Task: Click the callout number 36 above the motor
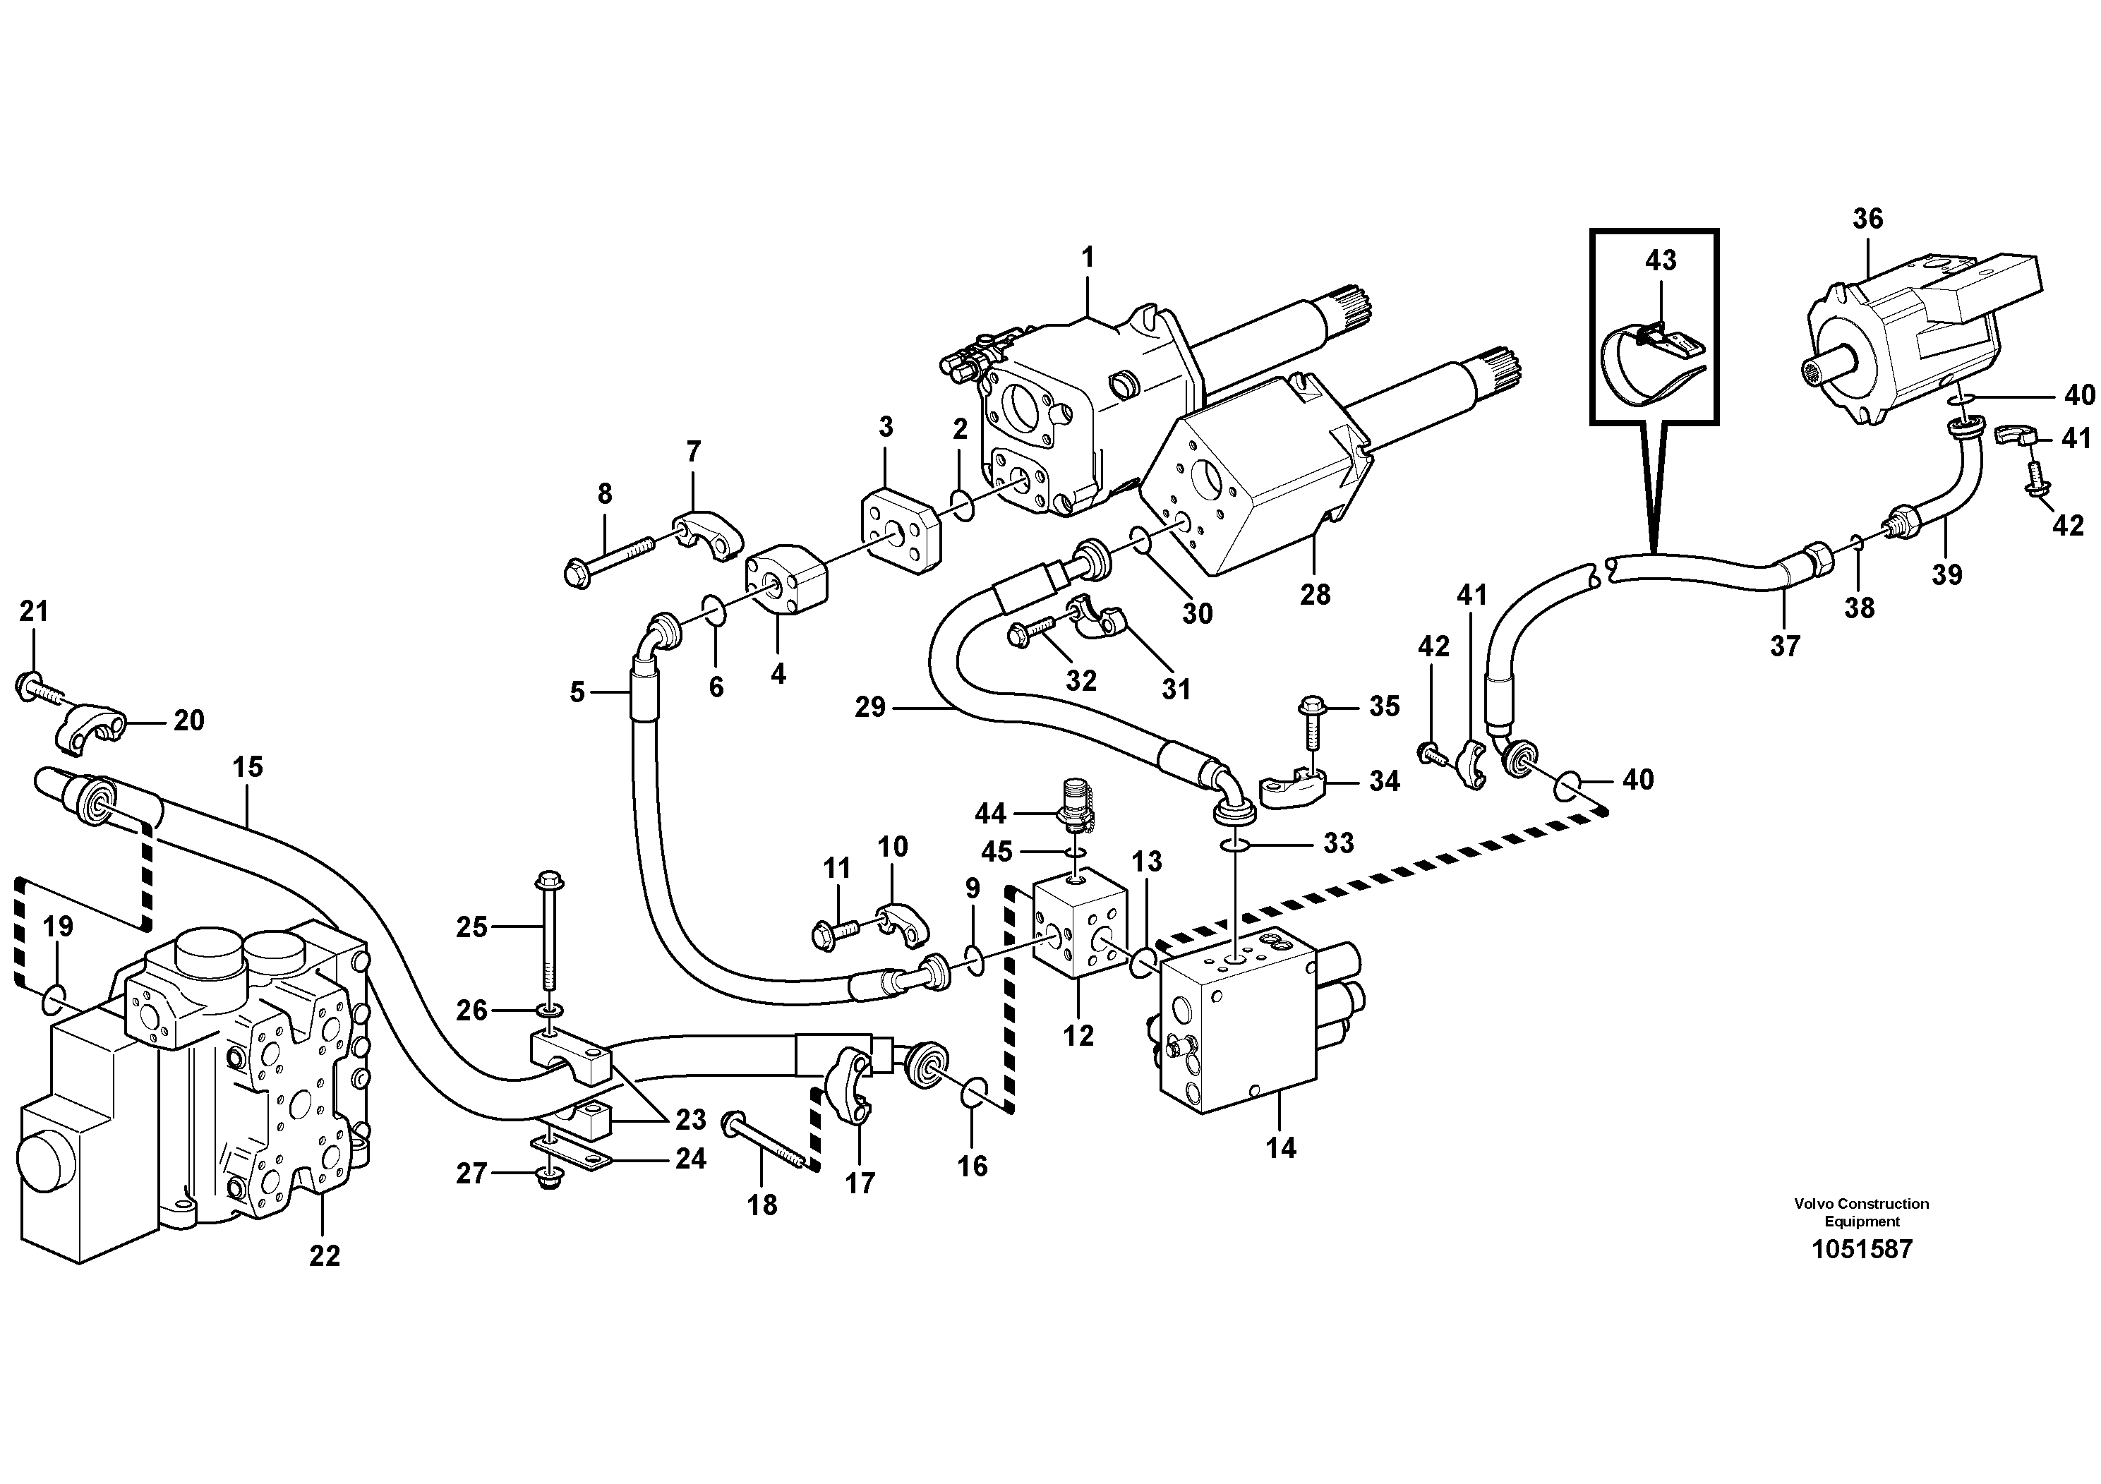(1867, 219)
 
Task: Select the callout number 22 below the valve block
(324, 1256)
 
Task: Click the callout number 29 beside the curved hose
(870, 707)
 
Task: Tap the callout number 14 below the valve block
(1280, 1148)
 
